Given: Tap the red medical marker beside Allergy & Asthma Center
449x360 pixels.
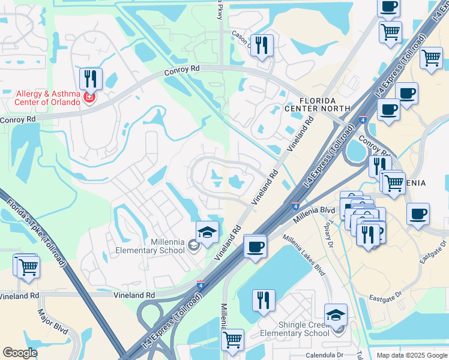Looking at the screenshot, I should coord(89,97).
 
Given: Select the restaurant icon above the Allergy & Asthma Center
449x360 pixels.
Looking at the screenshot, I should coord(91,79).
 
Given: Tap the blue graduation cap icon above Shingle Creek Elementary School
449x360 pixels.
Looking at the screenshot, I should coord(336,314).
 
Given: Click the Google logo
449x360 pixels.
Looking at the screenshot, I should coord(20,353).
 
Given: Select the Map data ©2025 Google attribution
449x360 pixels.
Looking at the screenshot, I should coord(411,355).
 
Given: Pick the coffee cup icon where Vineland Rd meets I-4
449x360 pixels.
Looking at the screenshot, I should coord(255,246).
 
